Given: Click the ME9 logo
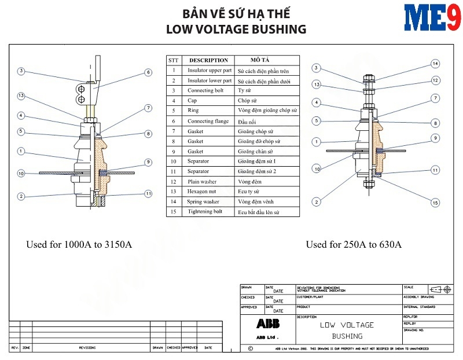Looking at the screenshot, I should point(433,18).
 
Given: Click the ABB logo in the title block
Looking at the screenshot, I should point(268,324).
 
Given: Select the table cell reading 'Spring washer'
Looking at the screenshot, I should point(203,201).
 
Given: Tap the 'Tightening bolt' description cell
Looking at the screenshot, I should point(205,212).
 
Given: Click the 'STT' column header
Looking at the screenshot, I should point(173,60).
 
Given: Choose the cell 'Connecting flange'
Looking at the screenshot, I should point(208,121).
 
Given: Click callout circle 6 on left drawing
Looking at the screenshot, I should point(148,72).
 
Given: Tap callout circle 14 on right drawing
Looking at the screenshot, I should point(435,64).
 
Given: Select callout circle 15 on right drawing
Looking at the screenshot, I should point(435,203).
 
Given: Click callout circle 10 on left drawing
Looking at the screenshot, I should point(21,173).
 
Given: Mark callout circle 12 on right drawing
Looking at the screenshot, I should point(435,80).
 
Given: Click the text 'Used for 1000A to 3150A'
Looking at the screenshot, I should point(79,244).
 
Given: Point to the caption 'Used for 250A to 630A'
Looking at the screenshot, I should point(354,244).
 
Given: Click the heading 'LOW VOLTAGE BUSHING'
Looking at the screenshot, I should point(236,29).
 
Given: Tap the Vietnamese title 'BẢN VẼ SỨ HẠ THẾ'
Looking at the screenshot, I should point(236,13).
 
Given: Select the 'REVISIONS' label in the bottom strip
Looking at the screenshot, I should point(87,348).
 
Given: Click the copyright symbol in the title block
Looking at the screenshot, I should point(250,348).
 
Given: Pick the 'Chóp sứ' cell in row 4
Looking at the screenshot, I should point(249,101).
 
